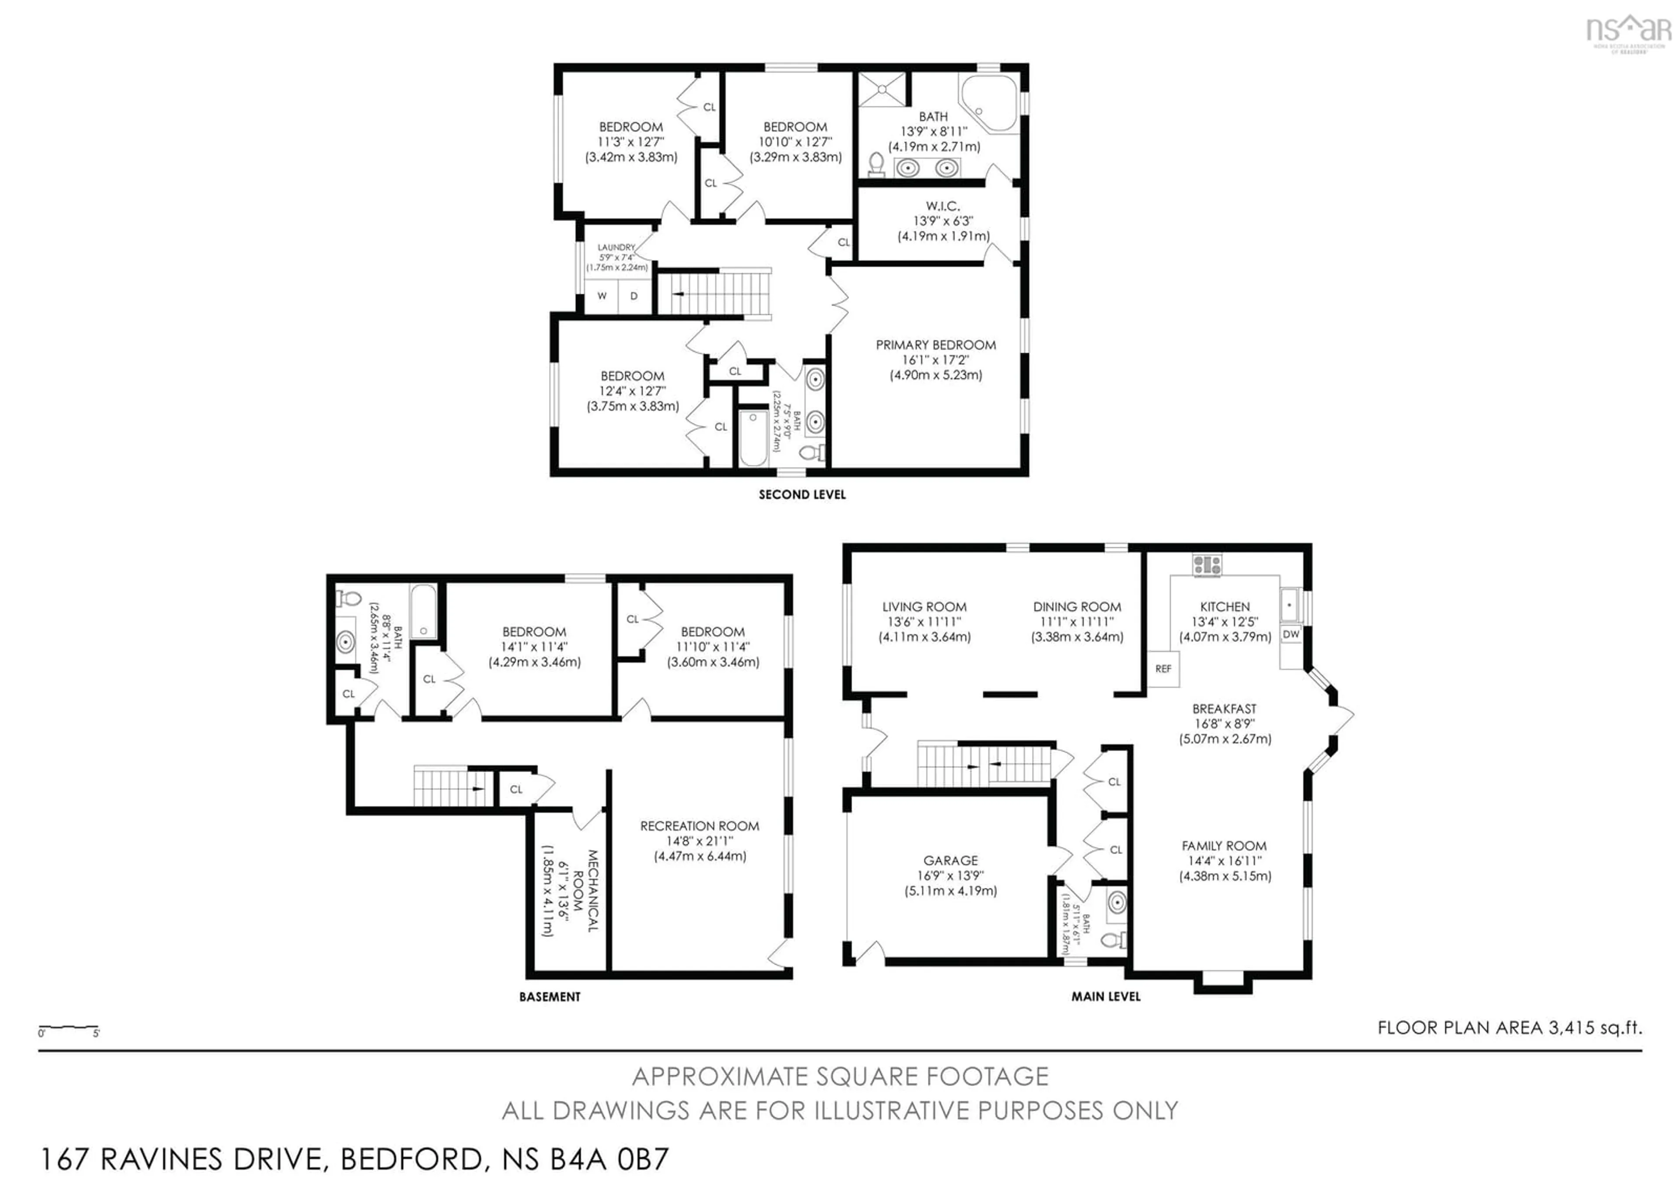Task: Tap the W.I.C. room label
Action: click(x=942, y=207)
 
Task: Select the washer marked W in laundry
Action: click(x=602, y=296)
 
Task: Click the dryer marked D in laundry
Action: click(x=633, y=296)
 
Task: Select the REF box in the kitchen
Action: click(x=1163, y=668)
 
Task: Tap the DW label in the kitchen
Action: click(x=1291, y=634)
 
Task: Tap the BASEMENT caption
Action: click(x=549, y=997)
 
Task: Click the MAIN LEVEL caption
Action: click(x=1106, y=997)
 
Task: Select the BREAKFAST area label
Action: click(x=1224, y=709)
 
